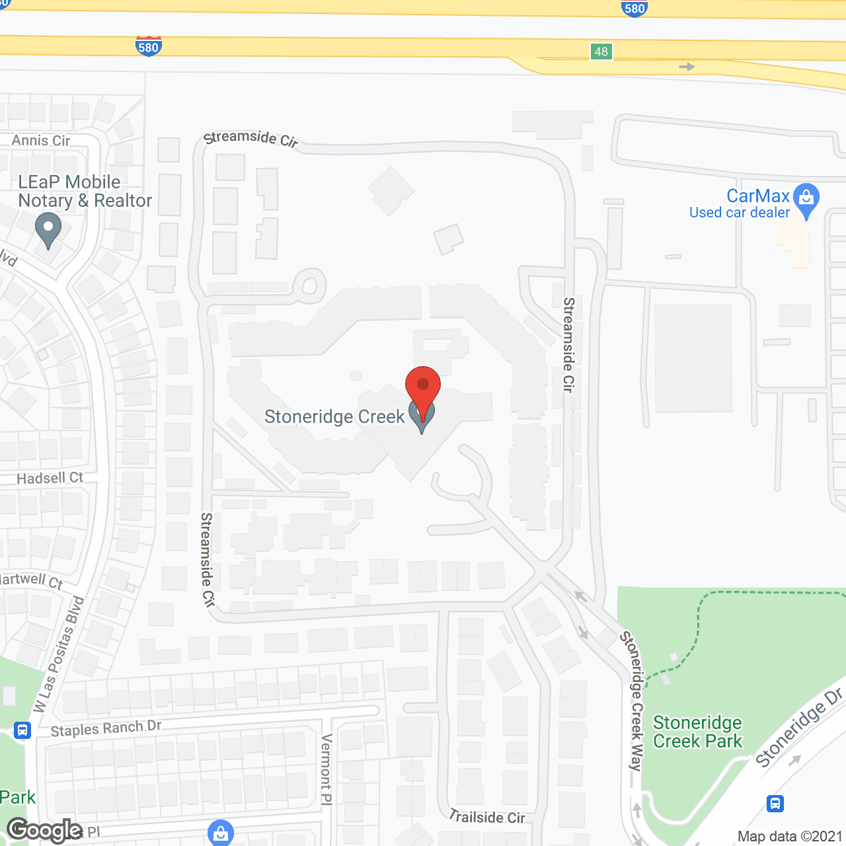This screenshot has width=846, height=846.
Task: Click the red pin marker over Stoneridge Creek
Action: (423, 387)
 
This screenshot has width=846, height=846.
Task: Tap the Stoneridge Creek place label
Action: (334, 417)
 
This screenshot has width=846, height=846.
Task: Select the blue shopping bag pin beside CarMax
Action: (806, 198)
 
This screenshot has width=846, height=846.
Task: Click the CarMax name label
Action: (758, 196)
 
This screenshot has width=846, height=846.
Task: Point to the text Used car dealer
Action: (740, 213)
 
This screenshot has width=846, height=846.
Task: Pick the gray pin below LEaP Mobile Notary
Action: (48, 232)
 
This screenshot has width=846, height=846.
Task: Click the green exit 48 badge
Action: (601, 52)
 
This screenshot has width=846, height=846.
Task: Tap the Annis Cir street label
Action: (41, 140)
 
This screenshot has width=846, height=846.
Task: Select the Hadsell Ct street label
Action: (50, 478)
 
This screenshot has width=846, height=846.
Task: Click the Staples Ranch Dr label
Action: (106, 728)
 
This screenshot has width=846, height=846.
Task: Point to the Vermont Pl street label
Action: (326, 769)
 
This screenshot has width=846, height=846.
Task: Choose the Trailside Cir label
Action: (487, 817)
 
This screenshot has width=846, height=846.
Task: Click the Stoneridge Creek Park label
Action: (697, 732)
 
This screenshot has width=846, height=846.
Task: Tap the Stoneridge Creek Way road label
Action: (635, 701)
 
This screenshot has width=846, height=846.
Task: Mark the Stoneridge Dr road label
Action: (800, 727)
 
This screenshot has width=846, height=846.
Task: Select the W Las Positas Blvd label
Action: (59, 654)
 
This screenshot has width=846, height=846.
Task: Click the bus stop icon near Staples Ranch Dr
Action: (22, 730)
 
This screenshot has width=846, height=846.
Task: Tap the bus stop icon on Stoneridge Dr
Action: (775, 804)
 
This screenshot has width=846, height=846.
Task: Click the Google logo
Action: (45, 830)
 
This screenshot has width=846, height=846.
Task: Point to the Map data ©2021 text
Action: (789, 836)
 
